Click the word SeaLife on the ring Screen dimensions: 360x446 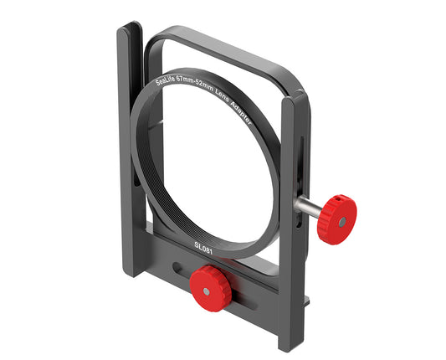171,82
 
